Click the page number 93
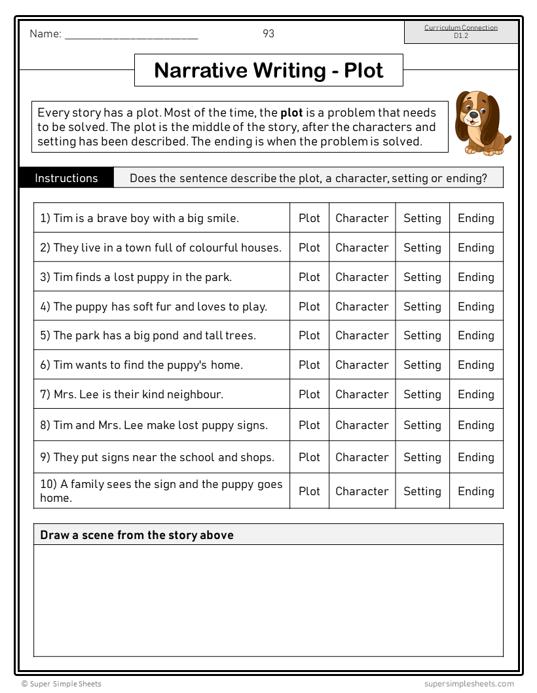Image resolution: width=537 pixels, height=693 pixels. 268,33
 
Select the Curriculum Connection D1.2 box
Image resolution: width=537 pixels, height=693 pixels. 461,31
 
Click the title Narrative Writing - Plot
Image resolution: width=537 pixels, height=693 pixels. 268,70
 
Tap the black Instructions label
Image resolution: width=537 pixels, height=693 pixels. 66,178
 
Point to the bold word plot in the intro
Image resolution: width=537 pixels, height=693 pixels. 291,113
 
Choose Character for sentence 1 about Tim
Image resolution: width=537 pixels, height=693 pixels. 361,218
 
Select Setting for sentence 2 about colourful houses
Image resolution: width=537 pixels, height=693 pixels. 422,248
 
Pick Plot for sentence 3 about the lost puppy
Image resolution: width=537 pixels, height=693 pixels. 309,277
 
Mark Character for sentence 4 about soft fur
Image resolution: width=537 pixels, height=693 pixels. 361,307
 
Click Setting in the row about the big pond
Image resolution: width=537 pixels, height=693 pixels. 422,335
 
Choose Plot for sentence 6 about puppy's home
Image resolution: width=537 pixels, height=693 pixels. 309,365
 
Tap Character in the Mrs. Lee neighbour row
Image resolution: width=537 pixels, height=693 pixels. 361,394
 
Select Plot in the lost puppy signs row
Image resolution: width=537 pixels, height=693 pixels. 309,425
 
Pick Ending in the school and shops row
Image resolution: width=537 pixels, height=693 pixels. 475,457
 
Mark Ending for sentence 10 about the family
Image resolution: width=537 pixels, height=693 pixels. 475,491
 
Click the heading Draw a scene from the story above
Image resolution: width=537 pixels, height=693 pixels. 137,535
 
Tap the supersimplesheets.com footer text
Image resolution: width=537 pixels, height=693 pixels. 468,684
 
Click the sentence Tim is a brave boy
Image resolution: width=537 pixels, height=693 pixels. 139,218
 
